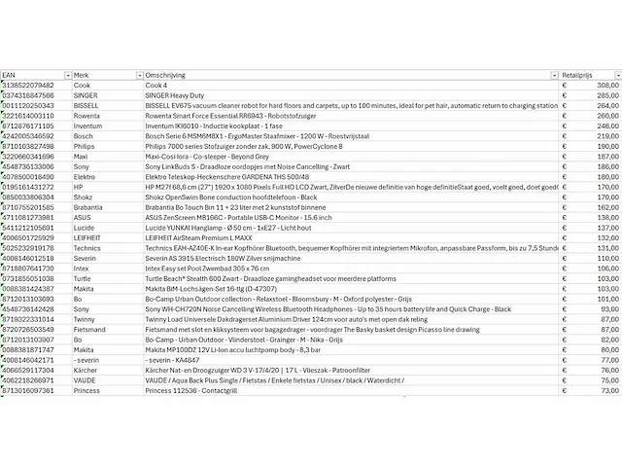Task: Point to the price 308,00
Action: tap(604, 86)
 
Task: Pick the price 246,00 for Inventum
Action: tap(604, 126)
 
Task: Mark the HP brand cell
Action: tap(79, 186)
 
